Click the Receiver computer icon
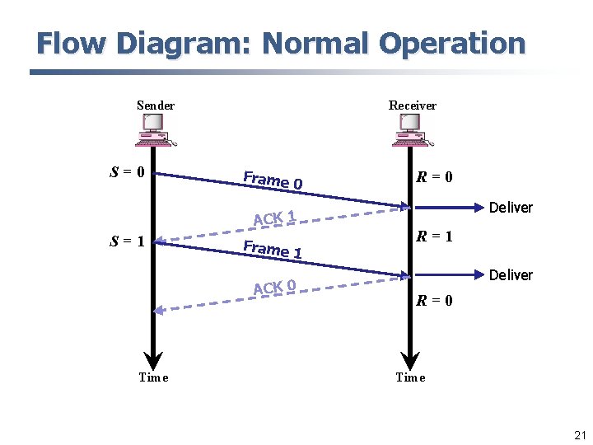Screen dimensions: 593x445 pos(411,129)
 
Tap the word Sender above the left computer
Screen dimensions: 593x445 pos(156,105)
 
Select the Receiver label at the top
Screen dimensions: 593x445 pos(413,105)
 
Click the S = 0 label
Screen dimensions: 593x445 pos(128,173)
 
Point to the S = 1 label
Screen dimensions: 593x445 pos(128,241)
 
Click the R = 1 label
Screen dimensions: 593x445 pos(434,237)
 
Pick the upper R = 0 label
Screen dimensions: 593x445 pos(434,177)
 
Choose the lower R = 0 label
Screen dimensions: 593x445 pos(434,301)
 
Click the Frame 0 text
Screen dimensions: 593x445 pos(273,179)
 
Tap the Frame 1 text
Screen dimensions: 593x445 pos(273,248)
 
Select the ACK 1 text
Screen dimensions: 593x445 pos(274,218)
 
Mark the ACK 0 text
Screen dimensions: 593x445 pos(274,287)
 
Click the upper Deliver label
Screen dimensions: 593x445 pos(511,208)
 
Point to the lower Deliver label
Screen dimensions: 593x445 pos(511,275)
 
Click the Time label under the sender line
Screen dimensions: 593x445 pos(153,377)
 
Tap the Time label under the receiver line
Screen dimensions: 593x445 pos(410,377)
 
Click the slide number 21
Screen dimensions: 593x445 pos(579,435)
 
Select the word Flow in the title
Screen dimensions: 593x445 pos(67,43)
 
